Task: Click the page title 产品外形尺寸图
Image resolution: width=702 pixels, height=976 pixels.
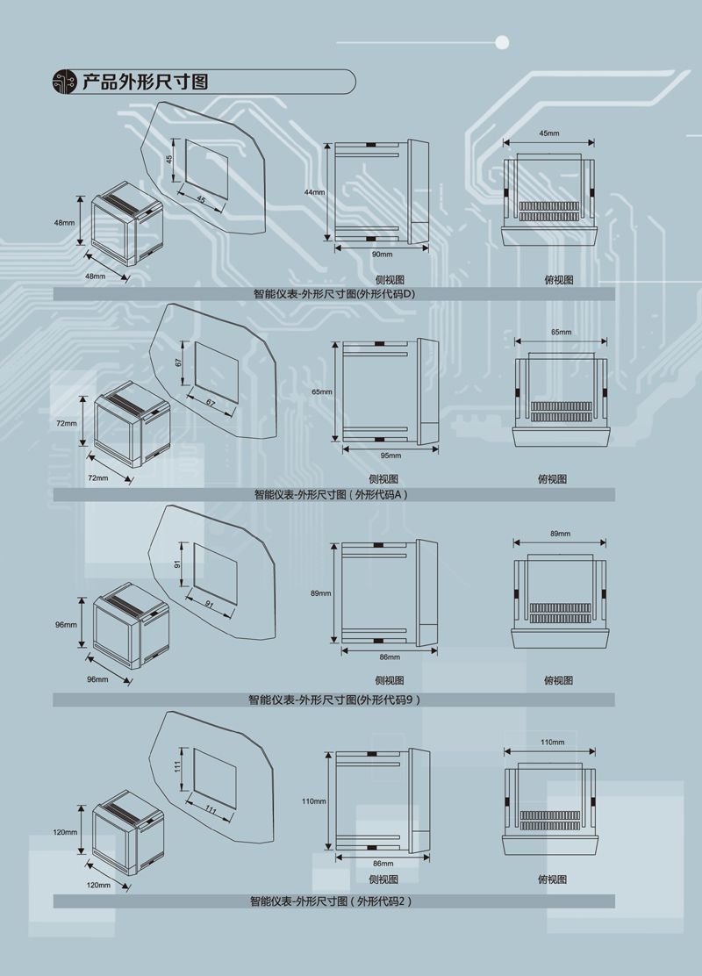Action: click(145, 82)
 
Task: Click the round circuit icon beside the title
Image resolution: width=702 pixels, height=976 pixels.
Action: click(64, 82)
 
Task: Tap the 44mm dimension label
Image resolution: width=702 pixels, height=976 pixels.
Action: click(314, 192)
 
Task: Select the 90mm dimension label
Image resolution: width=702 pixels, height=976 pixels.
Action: click(382, 255)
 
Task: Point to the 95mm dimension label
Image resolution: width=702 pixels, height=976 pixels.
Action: click(390, 456)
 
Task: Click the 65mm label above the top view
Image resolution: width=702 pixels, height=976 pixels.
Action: click(561, 333)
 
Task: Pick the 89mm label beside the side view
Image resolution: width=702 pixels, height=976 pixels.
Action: click(321, 593)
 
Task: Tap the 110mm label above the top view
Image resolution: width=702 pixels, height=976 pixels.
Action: click(552, 742)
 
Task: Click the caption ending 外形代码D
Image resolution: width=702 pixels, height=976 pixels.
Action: click(334, 294)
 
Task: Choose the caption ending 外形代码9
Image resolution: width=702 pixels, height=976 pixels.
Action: click(334, 700)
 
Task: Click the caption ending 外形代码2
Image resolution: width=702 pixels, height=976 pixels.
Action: click(331, 901)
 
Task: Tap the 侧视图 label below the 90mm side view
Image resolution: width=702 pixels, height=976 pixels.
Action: click(390, 280)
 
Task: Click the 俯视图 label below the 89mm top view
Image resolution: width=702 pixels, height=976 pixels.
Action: click(558, 680)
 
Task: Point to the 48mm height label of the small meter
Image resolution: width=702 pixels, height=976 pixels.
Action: click(64, 223)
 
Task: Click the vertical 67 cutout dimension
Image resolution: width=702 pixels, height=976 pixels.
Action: click(179, 362)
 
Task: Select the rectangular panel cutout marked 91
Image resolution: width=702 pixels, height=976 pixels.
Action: click(215, 574)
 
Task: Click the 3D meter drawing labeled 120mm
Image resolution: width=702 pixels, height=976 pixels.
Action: click(128, 832)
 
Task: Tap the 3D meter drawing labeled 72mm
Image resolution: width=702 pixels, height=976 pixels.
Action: click(132, 424)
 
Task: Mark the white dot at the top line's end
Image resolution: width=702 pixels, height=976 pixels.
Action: click(502, 42)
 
